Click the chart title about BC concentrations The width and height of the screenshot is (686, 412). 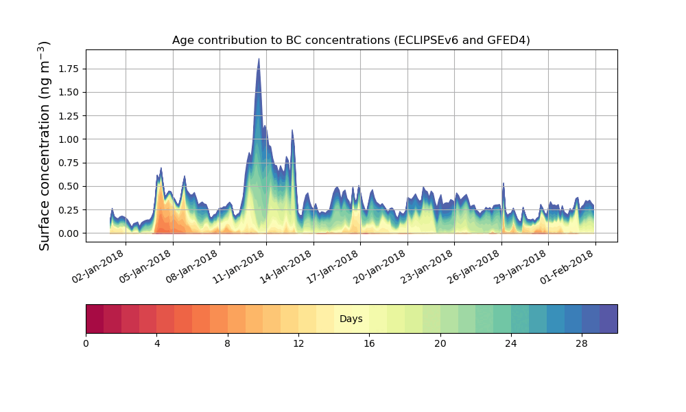[x=351, y=41]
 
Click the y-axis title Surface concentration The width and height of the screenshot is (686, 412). [x=44, y=146]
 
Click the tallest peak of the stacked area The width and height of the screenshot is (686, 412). [x=259, y=60]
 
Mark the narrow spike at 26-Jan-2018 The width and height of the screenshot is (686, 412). [x=504, y=184]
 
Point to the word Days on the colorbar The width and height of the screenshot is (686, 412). [x=351, y=319]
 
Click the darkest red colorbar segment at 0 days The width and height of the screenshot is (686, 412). [x=95, y=319]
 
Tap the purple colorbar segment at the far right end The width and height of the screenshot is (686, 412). [x=608, y=319]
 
